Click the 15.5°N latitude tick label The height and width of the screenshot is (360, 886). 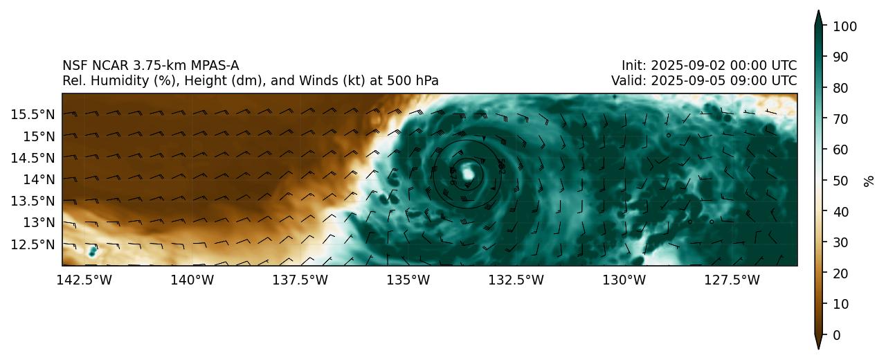pos(34,114)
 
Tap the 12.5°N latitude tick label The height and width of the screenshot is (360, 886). pos(34,244)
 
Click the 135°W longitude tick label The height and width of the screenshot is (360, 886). pos(409,280)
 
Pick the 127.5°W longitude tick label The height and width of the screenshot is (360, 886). pos(733,280)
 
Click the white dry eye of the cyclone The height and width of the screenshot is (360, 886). pos(469,172)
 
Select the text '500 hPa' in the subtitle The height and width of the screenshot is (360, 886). pos(416,81)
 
